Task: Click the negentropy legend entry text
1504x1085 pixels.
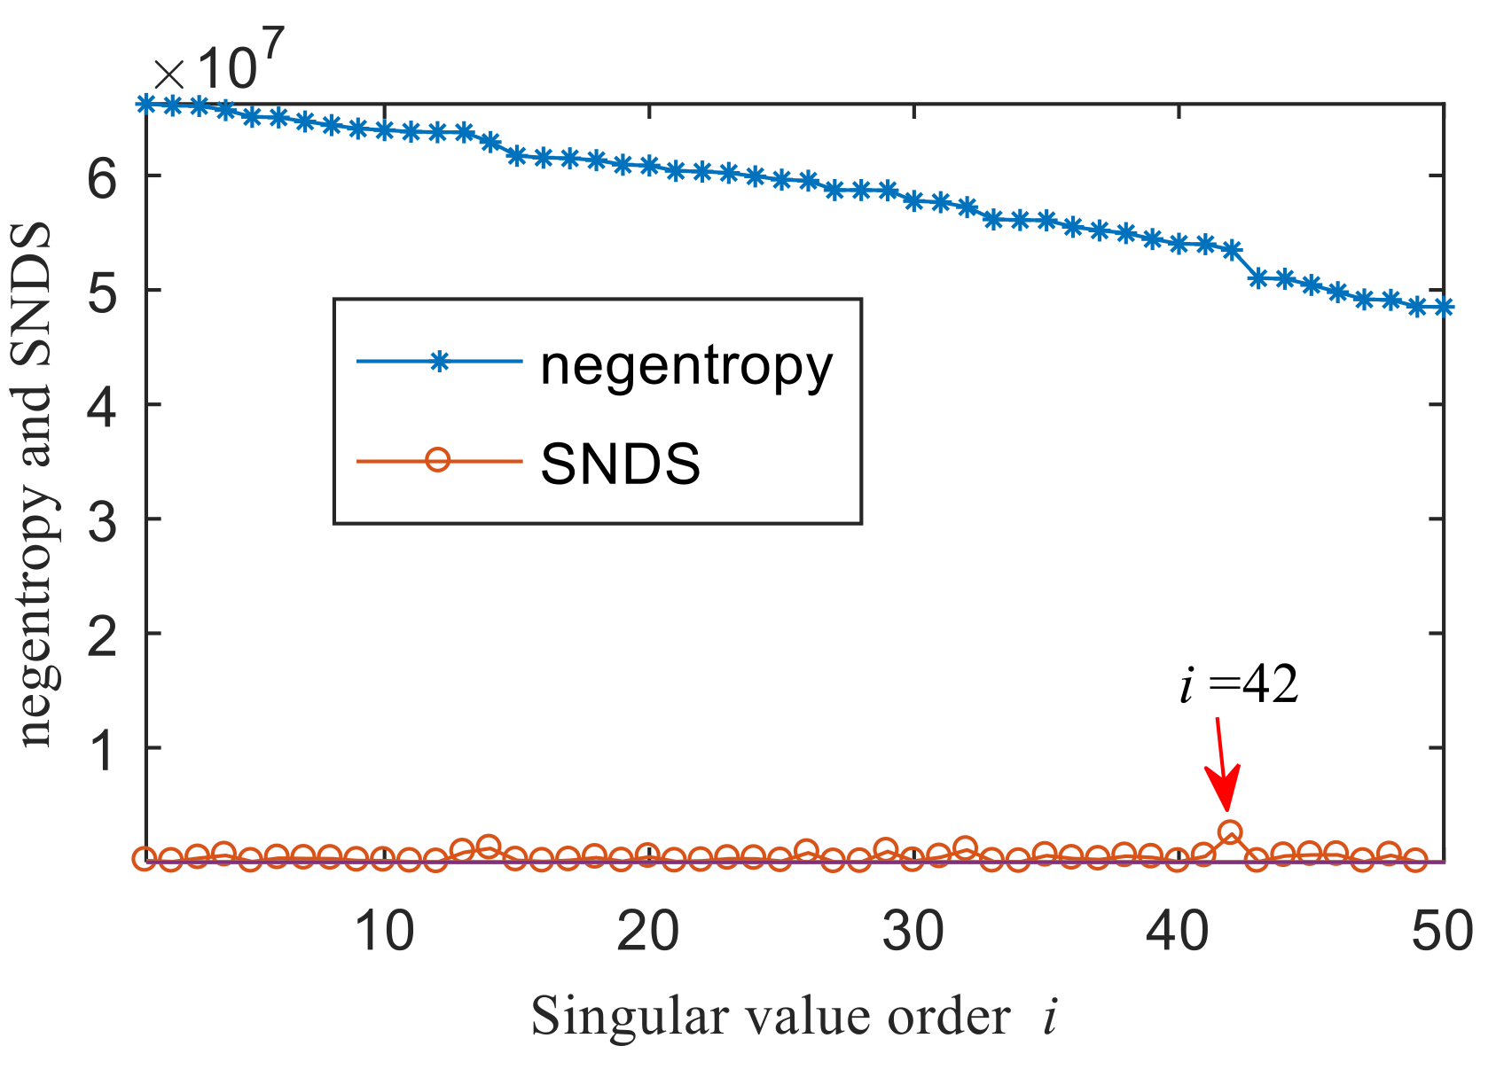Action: (686, 365)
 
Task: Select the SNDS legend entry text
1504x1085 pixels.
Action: (620, 464)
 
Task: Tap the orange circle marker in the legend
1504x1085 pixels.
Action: (437, 460)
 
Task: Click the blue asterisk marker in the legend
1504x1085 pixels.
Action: (437, 361)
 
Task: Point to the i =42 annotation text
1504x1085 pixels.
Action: (1239, 685)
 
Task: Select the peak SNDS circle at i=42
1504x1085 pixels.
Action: (1230, 832)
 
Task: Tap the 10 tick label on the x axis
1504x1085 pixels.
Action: (383, 932)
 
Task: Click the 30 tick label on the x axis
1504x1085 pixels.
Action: (913, 932)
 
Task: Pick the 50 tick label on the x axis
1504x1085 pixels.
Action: (1443, 932)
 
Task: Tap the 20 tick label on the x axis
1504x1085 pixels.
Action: (648, 932)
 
